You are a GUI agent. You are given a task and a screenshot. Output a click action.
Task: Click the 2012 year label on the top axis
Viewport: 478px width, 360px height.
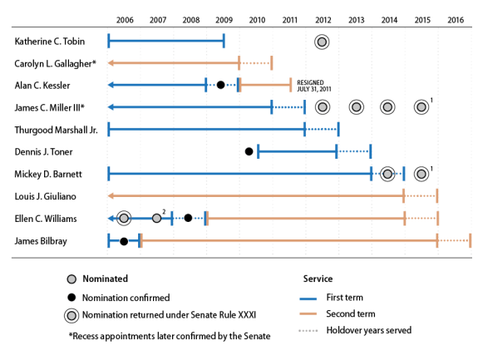(323, 20)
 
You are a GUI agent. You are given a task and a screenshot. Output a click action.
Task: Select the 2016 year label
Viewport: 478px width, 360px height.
(456, 20)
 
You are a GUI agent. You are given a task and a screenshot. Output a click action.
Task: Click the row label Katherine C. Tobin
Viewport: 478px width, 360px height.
(50, 42)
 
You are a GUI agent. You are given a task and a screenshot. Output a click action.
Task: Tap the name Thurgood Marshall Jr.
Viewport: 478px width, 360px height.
(56, 131)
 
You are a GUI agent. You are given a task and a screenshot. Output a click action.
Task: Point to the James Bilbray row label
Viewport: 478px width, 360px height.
(41, 241)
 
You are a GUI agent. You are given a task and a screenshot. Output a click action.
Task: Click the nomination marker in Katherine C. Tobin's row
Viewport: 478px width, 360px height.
(322, 42)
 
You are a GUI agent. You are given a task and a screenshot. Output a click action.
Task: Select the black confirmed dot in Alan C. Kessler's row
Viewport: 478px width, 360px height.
(220, 85)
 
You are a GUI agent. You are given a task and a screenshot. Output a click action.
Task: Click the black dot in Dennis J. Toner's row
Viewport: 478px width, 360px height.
(249, 151)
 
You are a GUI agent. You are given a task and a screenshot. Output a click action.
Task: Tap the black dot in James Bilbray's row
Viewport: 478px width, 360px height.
(124, 241)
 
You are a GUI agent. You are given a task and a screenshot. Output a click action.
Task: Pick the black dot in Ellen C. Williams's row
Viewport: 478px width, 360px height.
(188, 218)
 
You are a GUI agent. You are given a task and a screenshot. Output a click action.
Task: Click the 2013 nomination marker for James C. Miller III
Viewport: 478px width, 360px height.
(357, 107)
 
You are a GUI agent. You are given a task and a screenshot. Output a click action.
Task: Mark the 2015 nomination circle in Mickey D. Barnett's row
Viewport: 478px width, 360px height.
(421, 174)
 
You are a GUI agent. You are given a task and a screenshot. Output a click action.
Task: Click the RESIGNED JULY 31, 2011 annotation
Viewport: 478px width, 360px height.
(314, 86)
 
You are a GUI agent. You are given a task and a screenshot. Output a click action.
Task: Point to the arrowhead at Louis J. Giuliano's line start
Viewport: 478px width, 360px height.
(111, 195)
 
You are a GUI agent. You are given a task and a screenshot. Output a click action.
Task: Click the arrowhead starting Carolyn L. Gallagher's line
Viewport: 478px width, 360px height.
(111, 63)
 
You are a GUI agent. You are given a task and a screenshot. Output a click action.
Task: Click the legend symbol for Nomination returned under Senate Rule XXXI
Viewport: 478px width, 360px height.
(71, 315)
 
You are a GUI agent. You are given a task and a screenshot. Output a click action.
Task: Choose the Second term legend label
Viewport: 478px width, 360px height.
(351, 313)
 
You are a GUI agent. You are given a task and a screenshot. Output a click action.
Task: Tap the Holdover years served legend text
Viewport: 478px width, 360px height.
(369, 330)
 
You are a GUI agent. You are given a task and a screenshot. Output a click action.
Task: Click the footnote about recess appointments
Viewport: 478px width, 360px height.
(170, 336)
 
